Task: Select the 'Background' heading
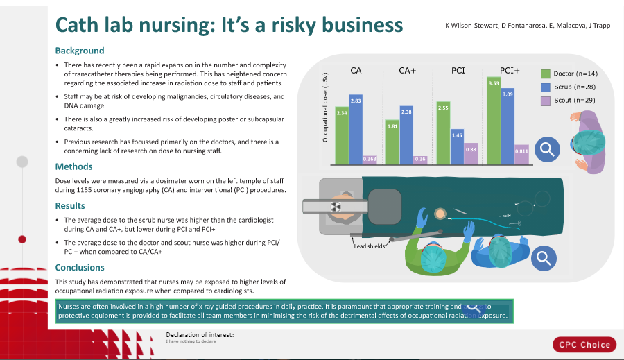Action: coord(80,51)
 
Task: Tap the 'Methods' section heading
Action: coord(74,166)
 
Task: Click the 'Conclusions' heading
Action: coord(80,267)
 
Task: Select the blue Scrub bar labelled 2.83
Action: coord(356,129)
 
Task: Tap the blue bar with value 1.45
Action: coord(457,146)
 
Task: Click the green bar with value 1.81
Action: coord(392,142)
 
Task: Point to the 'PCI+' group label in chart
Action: coord(510,71)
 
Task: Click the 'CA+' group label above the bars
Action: coord(407,71)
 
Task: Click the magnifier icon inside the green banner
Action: coord(474,307)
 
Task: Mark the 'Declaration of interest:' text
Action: coord(200,335)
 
